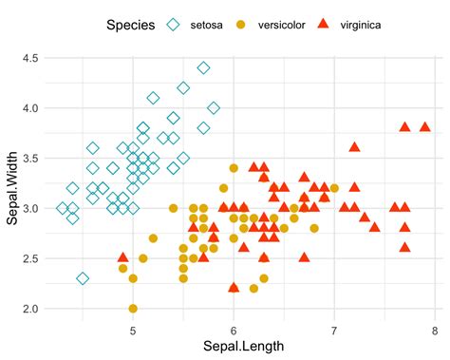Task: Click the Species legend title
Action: pyautogui.click(x=130, y=26)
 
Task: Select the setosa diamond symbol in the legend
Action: pyautogui.click(x=173, y=26)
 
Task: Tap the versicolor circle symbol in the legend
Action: pyautogui.click(x=240, y=26)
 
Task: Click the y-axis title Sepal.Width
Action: pyautogui.click(x=12, y=183)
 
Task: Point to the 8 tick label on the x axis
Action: pyautogui.click(x=434, y=330)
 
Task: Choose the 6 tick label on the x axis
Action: pyautogui.click(x=234, y=330)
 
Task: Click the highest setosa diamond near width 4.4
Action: pyautogui.click(x=203, y=67)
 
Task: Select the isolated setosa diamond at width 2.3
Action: pyautogui.click(x=83, y=278)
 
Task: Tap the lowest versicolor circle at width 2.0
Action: pyautogui.click(x=133, y=309)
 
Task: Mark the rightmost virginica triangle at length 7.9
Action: pyautogui.click(x=424, y=126)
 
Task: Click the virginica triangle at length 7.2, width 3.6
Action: pyautogui.click(x=354, y=147)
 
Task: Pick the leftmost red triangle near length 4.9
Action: pyautogui.click(x=122, y=257)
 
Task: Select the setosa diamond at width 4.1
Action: pyautogui.click(x=153, y=98)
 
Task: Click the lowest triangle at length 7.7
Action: pyautogui.click(x=404, y=247)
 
